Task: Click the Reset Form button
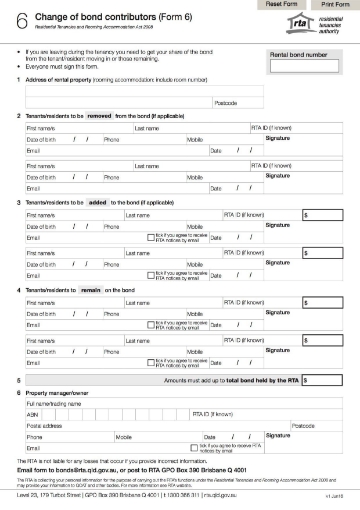pos(275,5)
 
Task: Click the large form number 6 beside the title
pos(22,23)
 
